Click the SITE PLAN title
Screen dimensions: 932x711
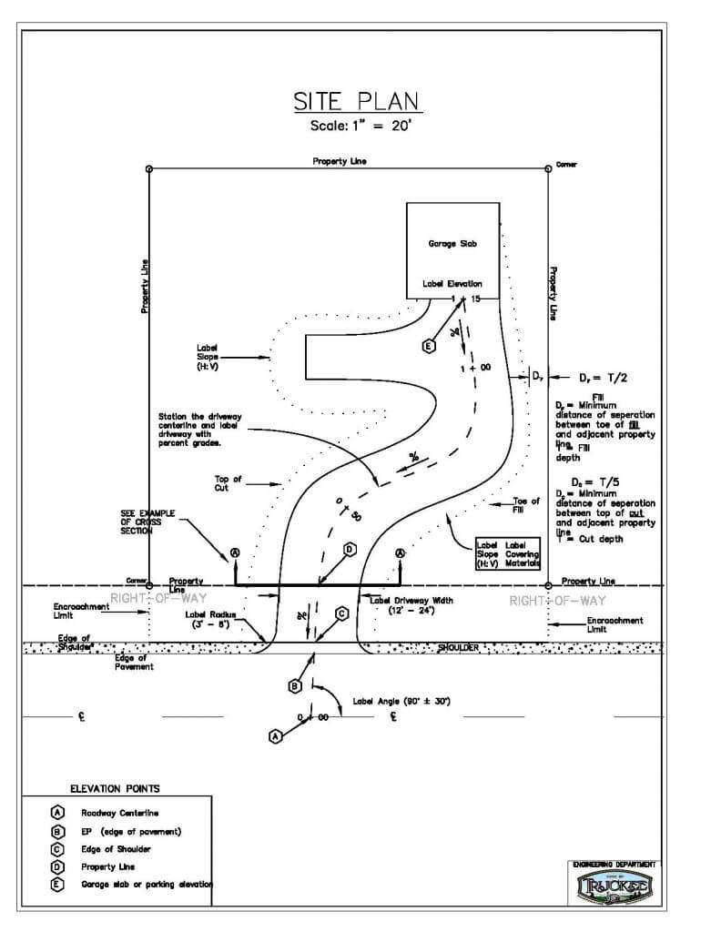356,100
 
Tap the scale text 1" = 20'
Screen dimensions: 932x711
356,126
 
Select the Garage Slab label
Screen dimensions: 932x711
452,244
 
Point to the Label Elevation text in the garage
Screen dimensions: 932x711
452,284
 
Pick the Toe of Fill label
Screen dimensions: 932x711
526,505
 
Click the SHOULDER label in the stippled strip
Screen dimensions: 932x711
458,648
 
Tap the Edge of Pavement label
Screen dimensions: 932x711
135,662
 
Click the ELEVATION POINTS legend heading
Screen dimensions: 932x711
114,788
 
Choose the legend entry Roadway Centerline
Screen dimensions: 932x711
121,813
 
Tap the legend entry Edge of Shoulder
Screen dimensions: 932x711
117,849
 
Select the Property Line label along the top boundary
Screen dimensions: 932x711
340,161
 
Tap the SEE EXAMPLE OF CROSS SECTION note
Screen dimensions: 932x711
148,522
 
